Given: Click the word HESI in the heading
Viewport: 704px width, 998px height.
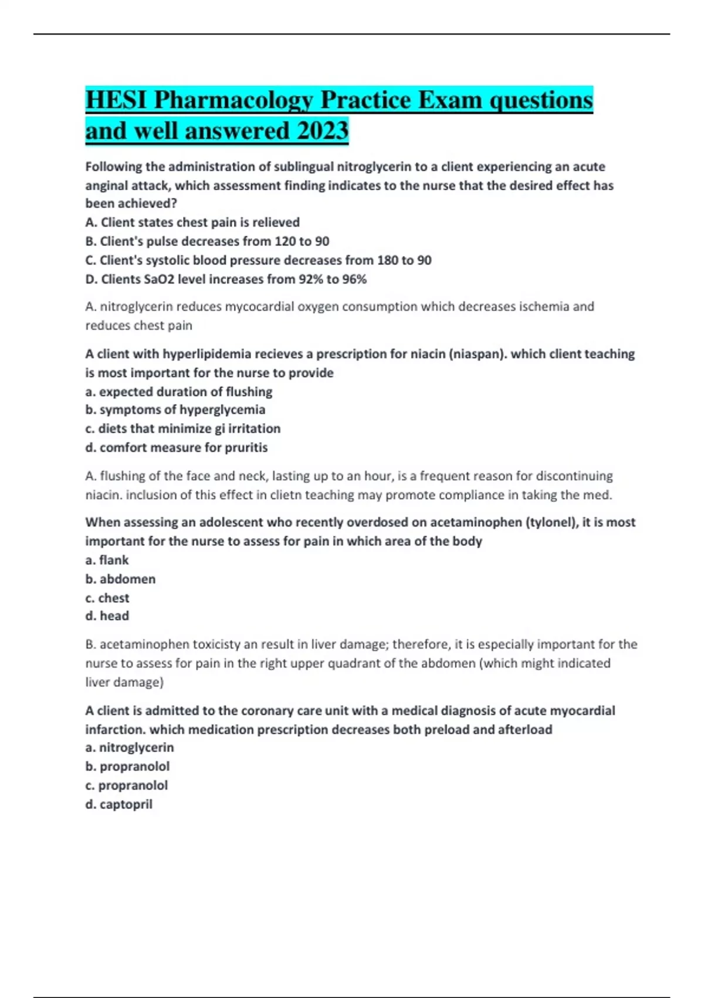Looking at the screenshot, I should pyautogui.click(x=116, y=100).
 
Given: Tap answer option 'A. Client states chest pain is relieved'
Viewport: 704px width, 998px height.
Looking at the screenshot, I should pyautogui.click(x=192, y=222).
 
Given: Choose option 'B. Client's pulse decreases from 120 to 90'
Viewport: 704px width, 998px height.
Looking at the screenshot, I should pyautogui.click(x=207, y=241).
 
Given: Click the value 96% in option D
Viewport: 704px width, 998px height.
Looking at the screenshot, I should pyautogui.click(x=354, y=279).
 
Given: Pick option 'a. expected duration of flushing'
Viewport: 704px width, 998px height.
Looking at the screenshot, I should pyautogui.click(x=179, y=392).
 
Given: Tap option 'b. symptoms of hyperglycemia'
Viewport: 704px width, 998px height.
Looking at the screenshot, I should pyautogui.click(x=175, y=410).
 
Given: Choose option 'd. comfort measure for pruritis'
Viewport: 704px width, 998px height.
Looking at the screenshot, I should pyautogui.click(x=177, y=447).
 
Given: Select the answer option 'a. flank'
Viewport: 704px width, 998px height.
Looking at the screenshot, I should pyautogui.click(x=107, y=560).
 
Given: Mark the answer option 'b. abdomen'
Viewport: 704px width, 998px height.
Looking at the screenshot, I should pyautogui.click(x=120, y=579).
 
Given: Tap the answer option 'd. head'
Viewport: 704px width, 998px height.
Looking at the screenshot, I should pyautogui.click(x=107, y=616).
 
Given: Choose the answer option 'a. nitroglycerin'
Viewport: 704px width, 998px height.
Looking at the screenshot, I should pyautogui.click(x=130, y=747).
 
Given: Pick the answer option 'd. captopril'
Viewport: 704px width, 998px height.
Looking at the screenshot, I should pyautogui.click(x=119, y=804).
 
